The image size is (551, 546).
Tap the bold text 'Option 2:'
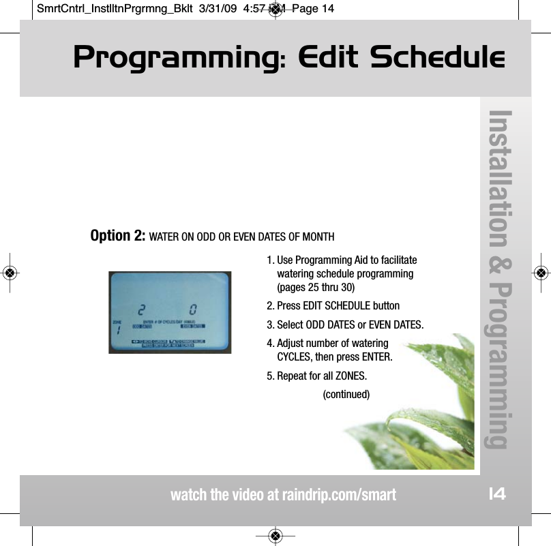[x=117, y=236]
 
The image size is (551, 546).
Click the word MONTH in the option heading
[x=318, y=237]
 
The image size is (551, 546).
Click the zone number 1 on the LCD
[x=117, y=329]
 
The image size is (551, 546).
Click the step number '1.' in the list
[x=271, y=260]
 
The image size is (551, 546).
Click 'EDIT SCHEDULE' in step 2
[x=330, y=305]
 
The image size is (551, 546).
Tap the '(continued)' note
[x=346, y=395]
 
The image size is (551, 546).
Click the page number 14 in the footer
[x=497, y=494]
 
